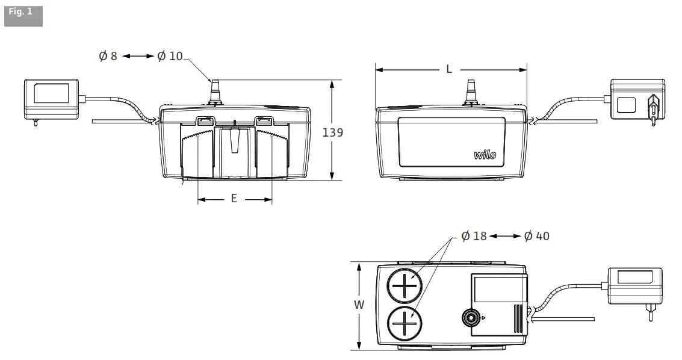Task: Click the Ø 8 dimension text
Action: pyautogui.click(x=108, y=56)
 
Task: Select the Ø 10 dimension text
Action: pyautogui.click(x=170, y=56)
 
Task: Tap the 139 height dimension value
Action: pyautogui.click(x=333, y=132)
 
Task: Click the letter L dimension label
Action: pyautogui.click(x=449, y=69)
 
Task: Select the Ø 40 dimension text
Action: pyautogui.click(x=536, y=236)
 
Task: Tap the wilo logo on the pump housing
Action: pyautogui.click(x=485, y=155)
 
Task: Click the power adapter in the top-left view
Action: pyautogui.click(x=51, y=99)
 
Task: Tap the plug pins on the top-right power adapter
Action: pyautogui.click(x=652, y=107)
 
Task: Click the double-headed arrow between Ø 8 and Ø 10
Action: pyautogui.click(x=138, y=56)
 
